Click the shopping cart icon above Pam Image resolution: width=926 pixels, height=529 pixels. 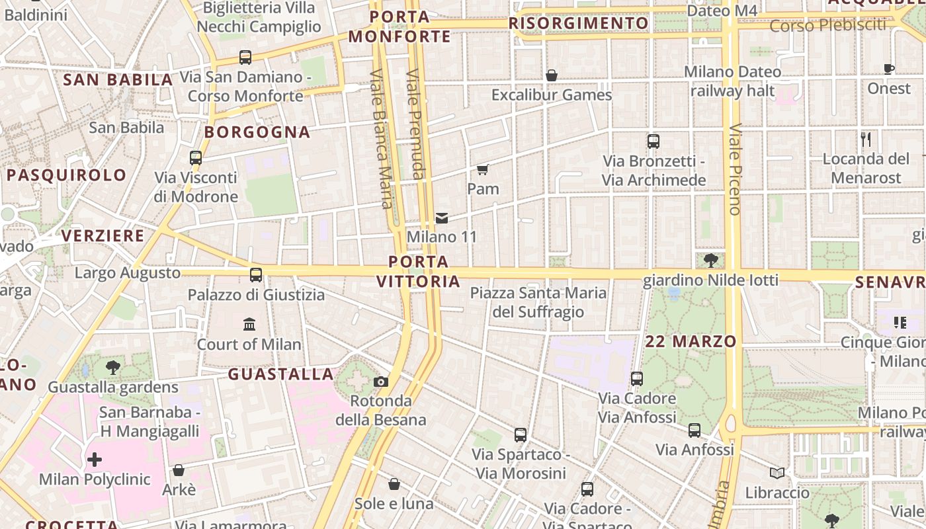click(x=483, y=170)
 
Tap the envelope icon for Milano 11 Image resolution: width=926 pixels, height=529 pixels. click(x=441, y=218)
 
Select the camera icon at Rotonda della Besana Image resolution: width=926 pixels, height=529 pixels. click(x=381, y=382)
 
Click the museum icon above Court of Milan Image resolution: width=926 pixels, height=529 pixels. click(x=249, y=324)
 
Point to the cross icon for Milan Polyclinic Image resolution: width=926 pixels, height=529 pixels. click(x=95, y=459)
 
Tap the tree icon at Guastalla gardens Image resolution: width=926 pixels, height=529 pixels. click(x=113, y=368)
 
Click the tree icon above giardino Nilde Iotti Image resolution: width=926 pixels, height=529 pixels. click(x=711, y=261)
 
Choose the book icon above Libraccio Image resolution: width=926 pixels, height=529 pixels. click(x=777, y=473)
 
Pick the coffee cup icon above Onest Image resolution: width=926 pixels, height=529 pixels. click(x=889, y=69)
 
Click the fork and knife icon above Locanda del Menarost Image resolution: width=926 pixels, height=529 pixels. click(x=866, y=140)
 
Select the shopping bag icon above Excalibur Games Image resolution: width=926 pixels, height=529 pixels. click(x=551, y=75)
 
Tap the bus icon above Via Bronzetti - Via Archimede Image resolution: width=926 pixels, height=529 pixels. click(x=653, y=141)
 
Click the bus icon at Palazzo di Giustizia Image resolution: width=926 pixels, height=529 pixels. click(x=256, y=275)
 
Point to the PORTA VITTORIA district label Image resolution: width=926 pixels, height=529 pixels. click(x=418, y=271)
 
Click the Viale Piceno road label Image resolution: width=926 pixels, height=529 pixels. click(x=734, y=169)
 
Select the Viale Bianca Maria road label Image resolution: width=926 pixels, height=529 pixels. click(x=382, y=139)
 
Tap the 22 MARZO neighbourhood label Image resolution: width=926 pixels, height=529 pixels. click(x=691, y=341)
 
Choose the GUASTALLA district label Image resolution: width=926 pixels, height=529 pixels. click(x=281, y=374)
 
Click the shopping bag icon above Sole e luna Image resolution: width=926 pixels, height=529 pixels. click(x=394, y=484)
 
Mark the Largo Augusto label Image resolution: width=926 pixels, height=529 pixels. click(x=128, y=273)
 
